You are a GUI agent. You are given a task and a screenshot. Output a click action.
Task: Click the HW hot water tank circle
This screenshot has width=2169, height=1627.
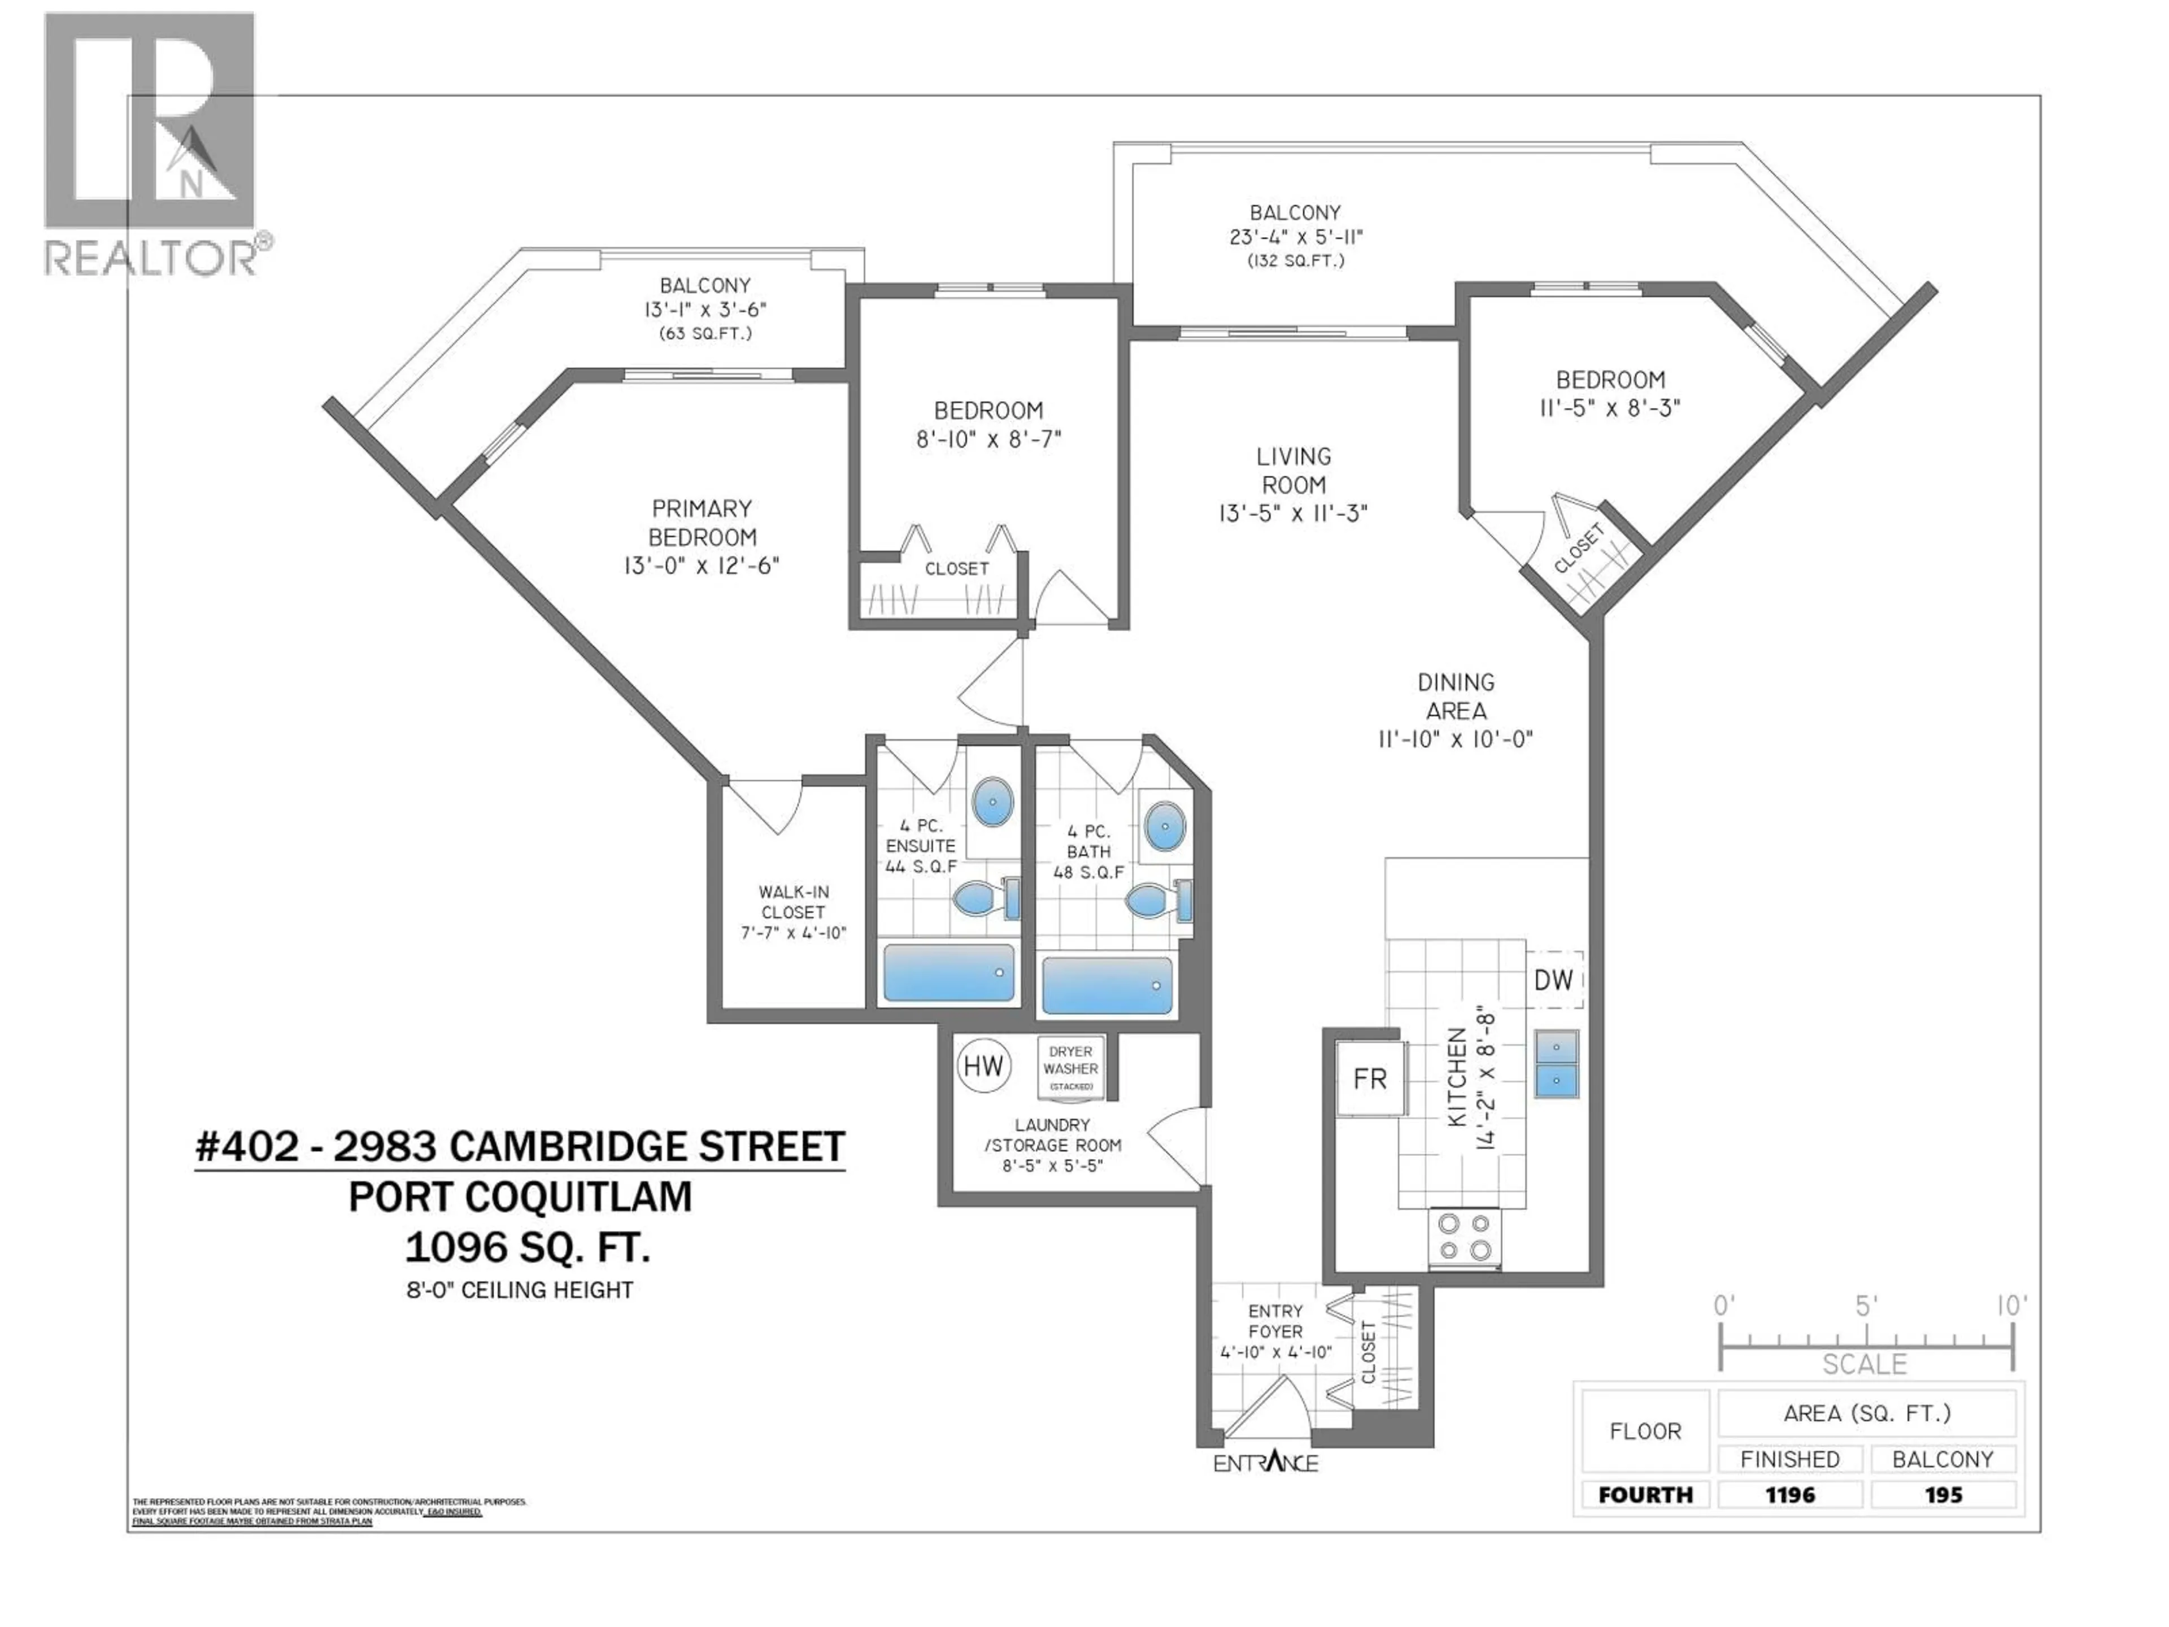pyautogui.click(x=983, y=1066)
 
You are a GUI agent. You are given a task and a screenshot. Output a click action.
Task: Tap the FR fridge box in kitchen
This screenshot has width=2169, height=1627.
pyautogui.click(x=1370, y=1079)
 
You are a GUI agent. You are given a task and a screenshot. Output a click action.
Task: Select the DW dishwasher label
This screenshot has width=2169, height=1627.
pyautogui.click(x=1553, y=979)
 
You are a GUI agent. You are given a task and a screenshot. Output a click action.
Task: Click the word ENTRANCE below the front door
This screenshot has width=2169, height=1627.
pyautogui.click(x=1265, y=1463)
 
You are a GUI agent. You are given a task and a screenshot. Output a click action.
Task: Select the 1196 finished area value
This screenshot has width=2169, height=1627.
pyautogui.click(x=1789, y=1495)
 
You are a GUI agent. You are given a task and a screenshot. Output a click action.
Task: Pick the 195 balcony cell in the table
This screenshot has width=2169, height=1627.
pyautogui.click(x=1942, y=1495)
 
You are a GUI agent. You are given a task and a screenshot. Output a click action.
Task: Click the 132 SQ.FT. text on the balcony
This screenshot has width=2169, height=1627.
pyautogui.click(x=1295, y=261)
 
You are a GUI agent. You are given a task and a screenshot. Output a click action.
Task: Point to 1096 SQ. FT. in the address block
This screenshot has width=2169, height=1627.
pyautogui.click(x=526, y=1247)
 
